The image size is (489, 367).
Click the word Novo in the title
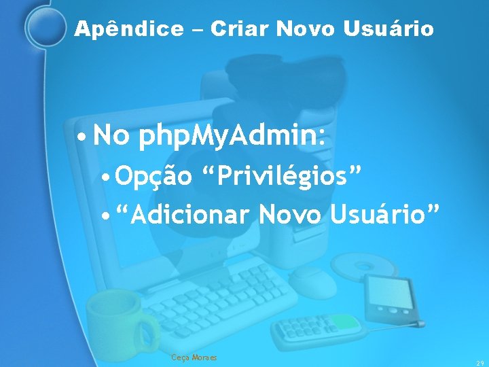[302, 29]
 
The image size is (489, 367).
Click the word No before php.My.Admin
[112, 137]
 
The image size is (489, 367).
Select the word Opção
[154, 178]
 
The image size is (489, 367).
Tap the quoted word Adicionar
[184, 215]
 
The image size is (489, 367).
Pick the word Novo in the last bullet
[293, 215]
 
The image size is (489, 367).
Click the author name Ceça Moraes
[194, 357]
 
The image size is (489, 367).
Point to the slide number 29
[479, 362]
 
